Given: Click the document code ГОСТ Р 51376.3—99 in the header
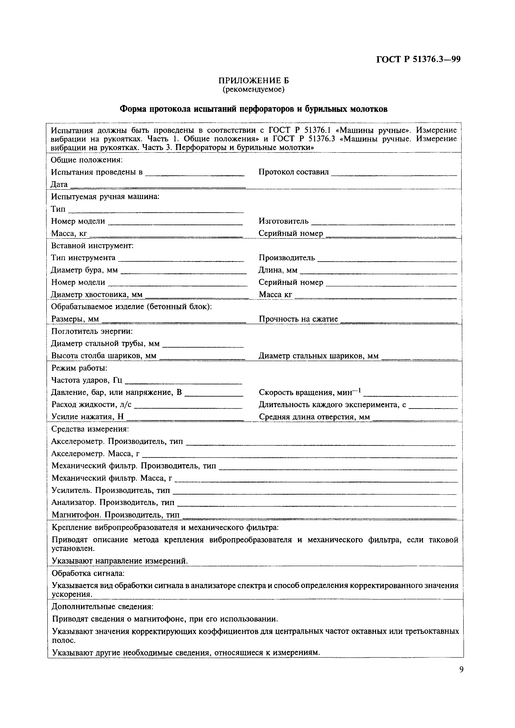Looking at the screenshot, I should [418, 60].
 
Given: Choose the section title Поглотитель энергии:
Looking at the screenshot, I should [92, 331].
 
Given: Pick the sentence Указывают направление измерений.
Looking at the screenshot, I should [120, 561].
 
